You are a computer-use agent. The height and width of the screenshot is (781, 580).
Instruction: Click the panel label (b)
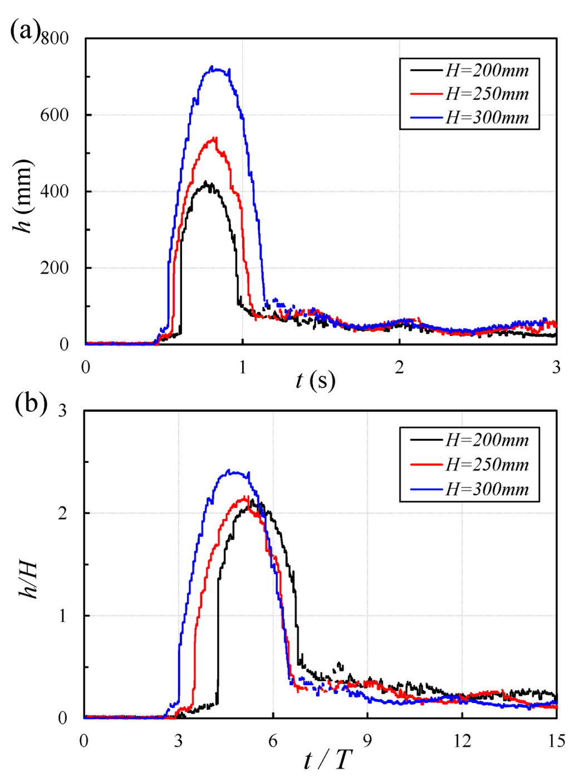click(31, 402)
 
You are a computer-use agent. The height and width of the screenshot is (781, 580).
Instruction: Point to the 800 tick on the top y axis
click(55, 38)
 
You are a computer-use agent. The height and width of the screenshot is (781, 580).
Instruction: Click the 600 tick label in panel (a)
click(55, 115)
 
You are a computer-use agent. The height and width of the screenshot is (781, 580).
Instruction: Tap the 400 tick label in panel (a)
click(55, 192)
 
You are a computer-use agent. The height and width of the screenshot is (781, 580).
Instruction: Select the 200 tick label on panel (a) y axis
click(55, 268)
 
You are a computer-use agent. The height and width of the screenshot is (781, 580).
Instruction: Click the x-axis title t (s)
click(316, 380)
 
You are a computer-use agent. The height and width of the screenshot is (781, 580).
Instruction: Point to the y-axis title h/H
click(28, 579)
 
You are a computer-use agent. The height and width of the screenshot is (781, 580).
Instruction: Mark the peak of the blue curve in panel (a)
click(212, 67)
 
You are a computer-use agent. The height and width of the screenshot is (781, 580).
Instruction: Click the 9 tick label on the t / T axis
click(367, 741)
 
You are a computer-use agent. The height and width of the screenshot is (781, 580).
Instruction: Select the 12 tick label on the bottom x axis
click(461, 741)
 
